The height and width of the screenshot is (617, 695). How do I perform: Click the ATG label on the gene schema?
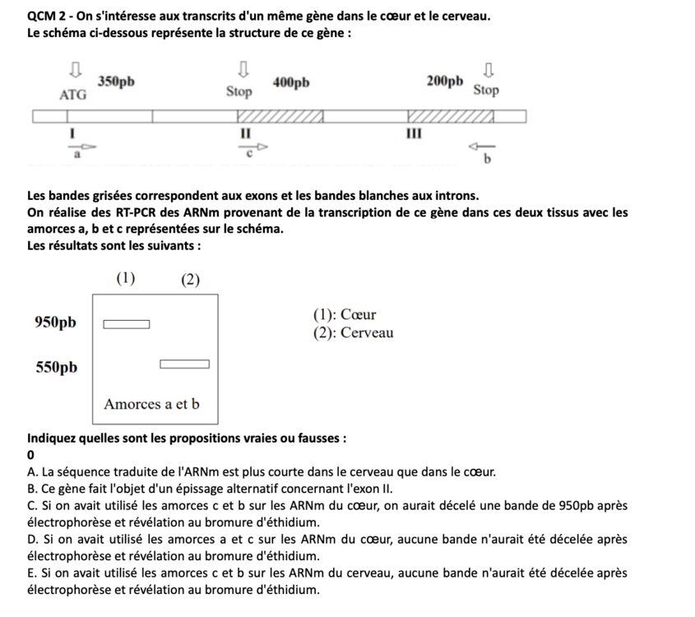pos(72,95)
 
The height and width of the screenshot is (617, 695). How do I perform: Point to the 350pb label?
pos(116,81)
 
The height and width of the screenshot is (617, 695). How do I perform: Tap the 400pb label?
pos(291,81)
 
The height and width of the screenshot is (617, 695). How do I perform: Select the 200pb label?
pos(445,81)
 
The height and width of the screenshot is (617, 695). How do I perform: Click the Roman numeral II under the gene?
pos(244,133)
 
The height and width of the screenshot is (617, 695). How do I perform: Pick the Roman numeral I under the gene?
pos(72,133)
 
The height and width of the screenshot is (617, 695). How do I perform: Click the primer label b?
pos(487,160)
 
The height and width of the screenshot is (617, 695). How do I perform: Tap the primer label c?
pos(248,151)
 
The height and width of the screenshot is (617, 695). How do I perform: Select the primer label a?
pos(76,152)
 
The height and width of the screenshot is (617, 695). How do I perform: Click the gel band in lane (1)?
pos(126,324)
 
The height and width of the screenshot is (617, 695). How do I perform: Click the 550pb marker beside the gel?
pos(55,367)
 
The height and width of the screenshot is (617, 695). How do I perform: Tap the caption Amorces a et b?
pos(152,404)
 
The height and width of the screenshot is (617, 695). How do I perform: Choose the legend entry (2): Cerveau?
pos(353,333)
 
